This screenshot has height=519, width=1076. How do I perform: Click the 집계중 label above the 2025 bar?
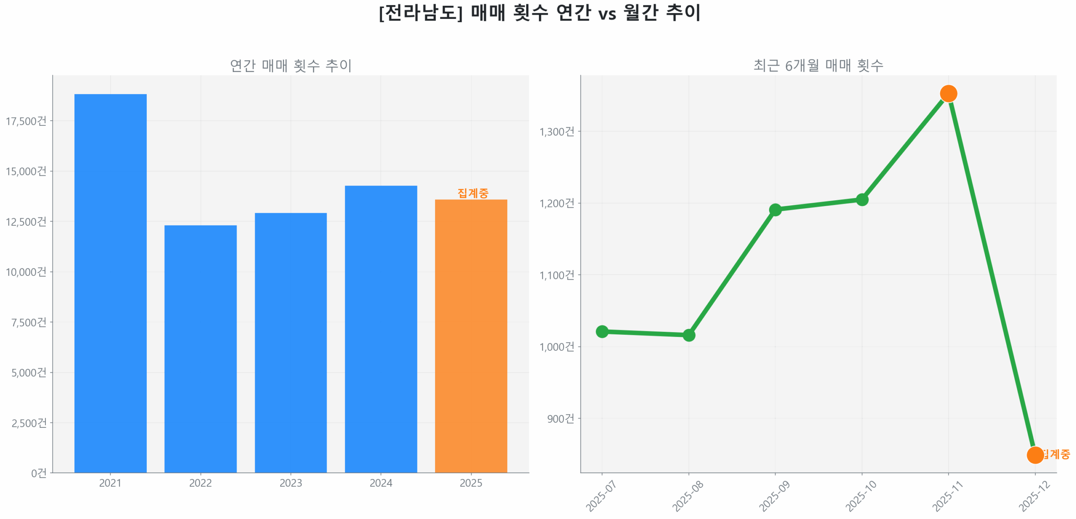tap(472, 193)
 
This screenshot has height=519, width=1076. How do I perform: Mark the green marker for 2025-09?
tap(775, 209)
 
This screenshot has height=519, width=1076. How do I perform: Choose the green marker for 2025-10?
tap(861, 199)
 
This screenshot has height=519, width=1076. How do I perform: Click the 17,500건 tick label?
tap(26, 121)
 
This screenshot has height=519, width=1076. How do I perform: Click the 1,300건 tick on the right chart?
tap(556, 131)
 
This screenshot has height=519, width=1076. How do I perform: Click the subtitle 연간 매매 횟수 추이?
tap(290, 65)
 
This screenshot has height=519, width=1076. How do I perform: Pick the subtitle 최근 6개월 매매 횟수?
tap(818, 65)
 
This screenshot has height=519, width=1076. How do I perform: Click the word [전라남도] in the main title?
tap(420, 13)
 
